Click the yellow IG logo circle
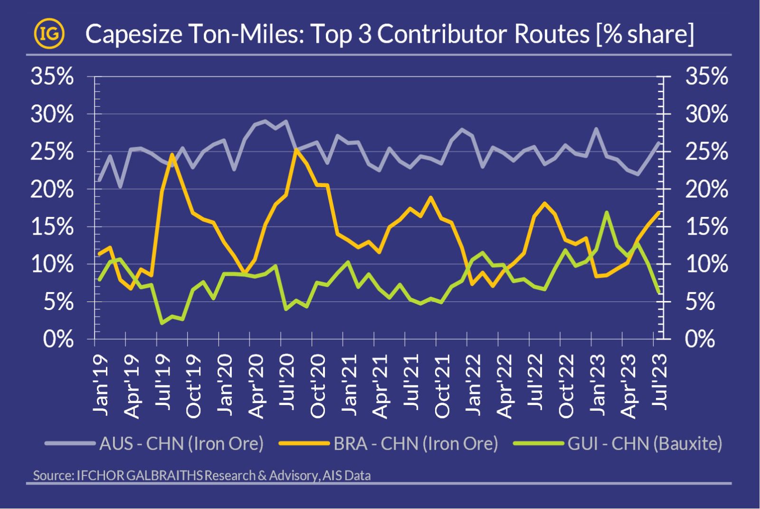[49, 34]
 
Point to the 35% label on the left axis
[52, 76]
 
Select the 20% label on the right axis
[706, 189]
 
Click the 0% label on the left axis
[58, 339]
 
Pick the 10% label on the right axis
[706, 264]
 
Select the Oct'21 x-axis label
[442, 386]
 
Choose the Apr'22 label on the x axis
[504, 386]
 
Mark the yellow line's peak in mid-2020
[296, 150]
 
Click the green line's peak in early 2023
[607, 212]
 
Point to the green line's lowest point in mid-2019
[162, 323]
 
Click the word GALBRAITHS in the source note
[164, 475]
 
